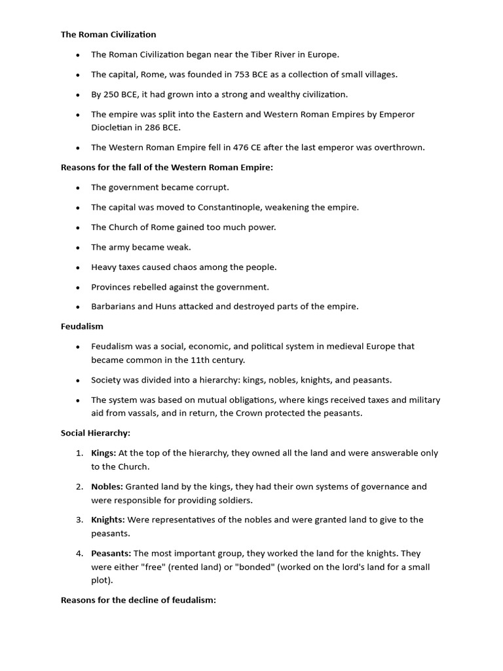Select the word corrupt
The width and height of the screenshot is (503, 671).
coord(214,187)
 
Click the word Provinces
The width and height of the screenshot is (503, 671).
coord(112,286)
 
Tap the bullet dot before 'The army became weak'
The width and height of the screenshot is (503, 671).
coord(77,248)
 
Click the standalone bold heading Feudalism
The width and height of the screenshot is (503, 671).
coord(82,326)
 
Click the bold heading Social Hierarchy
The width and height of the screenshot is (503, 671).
coord(96,433)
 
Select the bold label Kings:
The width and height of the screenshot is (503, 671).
coord(103,453)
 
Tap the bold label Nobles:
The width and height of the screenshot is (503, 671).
coord(107,486)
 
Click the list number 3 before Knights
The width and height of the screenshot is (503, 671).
coord(79,520)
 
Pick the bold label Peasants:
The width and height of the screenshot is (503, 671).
coord(111,553)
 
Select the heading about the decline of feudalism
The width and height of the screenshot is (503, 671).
coord(138,600)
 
